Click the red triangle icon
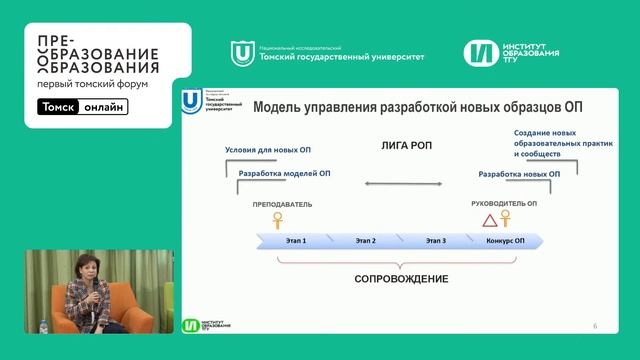[488, 221]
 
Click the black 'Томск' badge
[59, 108]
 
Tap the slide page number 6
[595, 326]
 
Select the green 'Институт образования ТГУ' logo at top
[512, 51]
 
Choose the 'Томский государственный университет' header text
[340, 57]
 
